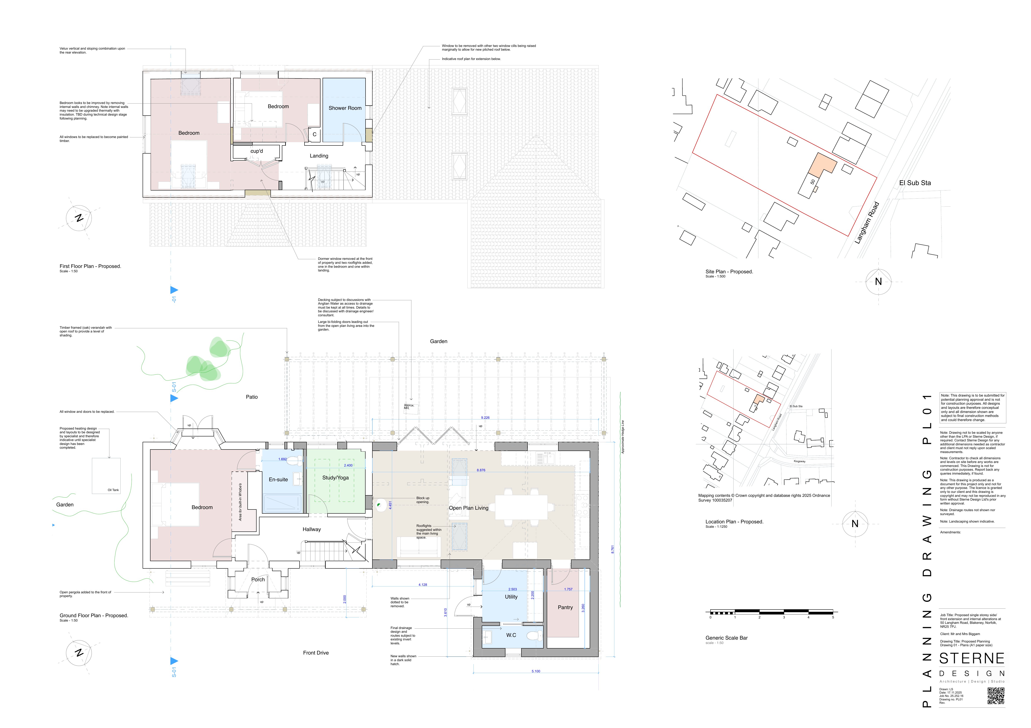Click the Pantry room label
tap(565, 607)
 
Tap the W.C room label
tap(511, 635)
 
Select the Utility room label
tap(511, 597)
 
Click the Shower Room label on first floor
tap(345, 108)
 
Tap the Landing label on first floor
tap(319, 156)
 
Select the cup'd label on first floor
tap(256, 151)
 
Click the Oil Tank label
tap(113, 490)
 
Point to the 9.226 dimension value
tap(485, 417)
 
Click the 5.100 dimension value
tap(536, 671)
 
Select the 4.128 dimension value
tap(423, 585)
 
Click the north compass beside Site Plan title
tap(878, 281)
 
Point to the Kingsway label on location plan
tap(799, 461)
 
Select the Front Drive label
tap(316, 653)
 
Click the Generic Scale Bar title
tap(726, 638)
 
